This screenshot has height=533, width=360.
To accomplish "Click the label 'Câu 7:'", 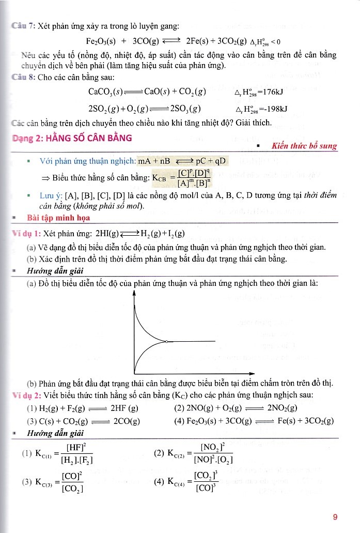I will (23, 26).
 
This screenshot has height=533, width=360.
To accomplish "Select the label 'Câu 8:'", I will (23, 77).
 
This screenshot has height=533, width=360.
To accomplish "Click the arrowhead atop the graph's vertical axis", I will (134, 293).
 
